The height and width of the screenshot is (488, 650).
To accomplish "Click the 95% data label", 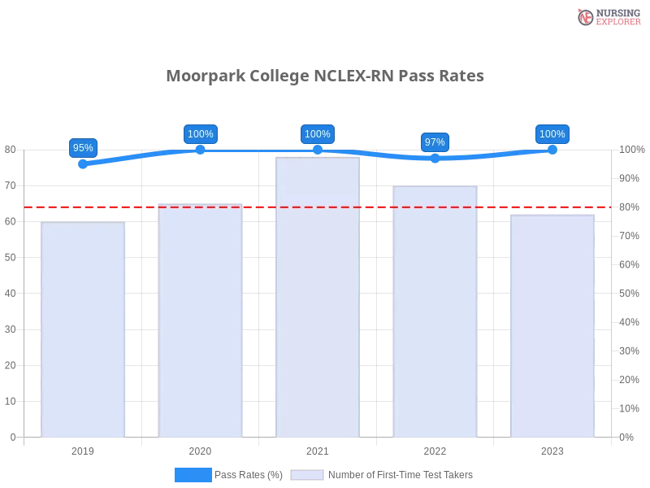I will coord(83,148).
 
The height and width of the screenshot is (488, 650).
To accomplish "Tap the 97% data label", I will coord(435,142).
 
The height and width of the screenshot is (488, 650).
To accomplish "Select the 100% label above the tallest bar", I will coord(317,134).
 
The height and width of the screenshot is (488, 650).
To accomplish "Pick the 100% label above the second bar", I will coord(201,134).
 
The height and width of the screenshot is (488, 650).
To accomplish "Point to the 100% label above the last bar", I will coord(552,134).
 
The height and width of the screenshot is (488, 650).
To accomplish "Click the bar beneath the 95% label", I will coord(84,329).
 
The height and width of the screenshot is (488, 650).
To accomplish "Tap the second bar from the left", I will coord(201,320).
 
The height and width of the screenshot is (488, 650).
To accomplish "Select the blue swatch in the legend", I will coord(193,475).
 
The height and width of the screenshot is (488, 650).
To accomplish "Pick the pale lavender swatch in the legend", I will coord(307,475).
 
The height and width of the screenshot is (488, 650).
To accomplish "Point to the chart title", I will coord(325,76).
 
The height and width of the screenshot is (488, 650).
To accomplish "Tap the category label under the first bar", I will coord(84,450).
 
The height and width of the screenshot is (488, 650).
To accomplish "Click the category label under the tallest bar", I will coord(318,450).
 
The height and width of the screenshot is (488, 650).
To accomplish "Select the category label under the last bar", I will coord(552,450).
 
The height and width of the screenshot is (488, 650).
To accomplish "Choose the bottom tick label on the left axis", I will coord(12,437).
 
